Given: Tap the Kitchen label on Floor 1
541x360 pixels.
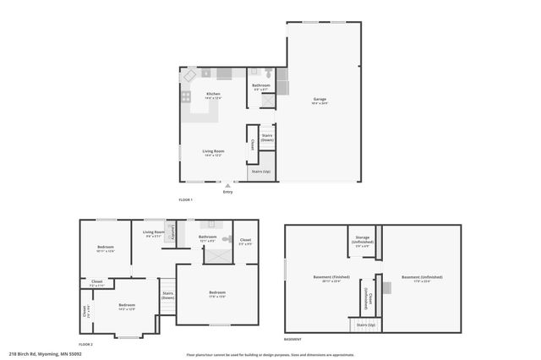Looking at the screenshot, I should pyautogui.click(x=213, y=95).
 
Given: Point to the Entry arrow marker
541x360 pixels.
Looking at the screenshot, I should pyautogui.click(x=227, y=185).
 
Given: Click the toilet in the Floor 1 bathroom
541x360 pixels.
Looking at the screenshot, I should pyautogui.click(x=268, y=74).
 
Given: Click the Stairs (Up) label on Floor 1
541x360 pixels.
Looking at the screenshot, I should pyautogui.click(x=260, y=172).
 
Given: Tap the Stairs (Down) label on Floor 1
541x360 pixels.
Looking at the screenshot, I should pyautogui.click(x=266, y=138).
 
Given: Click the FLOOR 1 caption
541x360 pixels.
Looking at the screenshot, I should pyautogui.click(x=186, y=199).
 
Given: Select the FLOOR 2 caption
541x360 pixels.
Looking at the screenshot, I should pyautogui.click(x=85, y=345).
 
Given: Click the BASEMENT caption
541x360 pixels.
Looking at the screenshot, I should pyautogui.click(x=292, y=338).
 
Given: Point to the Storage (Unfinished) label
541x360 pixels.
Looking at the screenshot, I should pyautogui.click(x=362, y=240).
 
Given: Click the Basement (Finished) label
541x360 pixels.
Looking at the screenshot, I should pyautogui.click(x=325, y=277).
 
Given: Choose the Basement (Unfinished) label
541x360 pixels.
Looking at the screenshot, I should pyautogui.click(x=422, y=277).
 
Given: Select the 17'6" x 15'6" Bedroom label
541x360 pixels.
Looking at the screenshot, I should pyautogui.click(x=217, y=294).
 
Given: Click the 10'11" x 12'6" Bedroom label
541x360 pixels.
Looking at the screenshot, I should pyautogui.click(x=106, y=249).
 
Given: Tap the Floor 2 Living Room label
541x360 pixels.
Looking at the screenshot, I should pyautogui.click(x=153, y=233).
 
